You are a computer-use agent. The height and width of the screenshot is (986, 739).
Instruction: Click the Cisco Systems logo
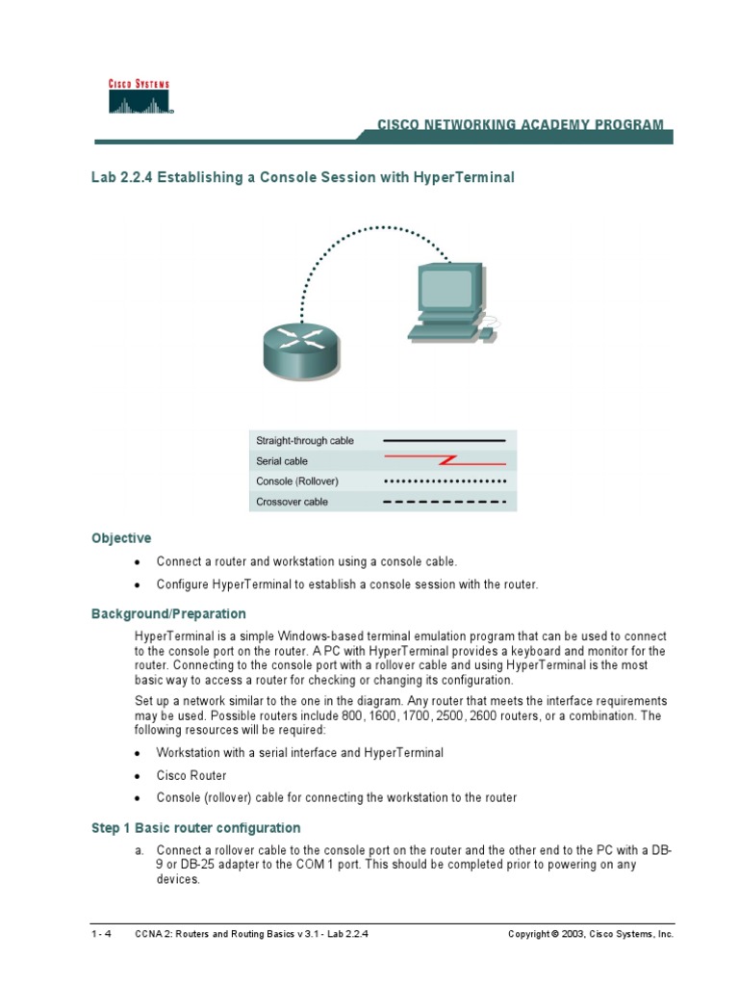coord(139,96)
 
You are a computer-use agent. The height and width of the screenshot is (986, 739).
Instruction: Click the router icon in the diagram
coord(301,348)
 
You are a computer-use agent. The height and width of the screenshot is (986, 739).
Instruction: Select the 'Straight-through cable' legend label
coord(304,441)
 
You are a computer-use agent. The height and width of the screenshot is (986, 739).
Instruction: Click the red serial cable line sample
coord(445,461)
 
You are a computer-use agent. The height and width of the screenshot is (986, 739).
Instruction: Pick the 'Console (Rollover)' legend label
coord(297,481)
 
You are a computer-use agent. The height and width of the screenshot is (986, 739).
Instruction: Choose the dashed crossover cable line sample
coord(445,502)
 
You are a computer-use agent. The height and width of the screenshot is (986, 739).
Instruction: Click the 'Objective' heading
coord(121,538)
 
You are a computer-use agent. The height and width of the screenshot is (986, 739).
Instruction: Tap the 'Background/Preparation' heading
coord(168,613)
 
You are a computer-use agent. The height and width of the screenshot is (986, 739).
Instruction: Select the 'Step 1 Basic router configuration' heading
coord(195,828)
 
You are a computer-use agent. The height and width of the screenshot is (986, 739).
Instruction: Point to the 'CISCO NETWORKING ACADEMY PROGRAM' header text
coord(520,125)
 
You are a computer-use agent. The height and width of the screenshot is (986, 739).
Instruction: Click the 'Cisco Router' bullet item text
coord(191,775)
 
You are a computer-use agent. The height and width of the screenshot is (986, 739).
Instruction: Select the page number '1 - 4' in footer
coord(101,934)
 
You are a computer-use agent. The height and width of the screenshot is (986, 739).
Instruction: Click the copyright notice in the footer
coord(591,934)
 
